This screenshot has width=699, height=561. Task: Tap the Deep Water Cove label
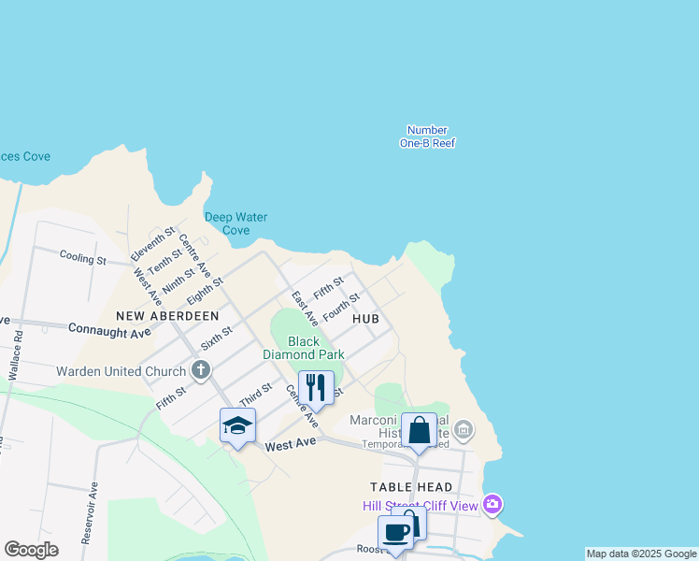tap(235, 223)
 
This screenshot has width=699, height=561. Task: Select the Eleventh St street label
tap(153, 243)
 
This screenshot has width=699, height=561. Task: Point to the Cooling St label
tap(83, 257)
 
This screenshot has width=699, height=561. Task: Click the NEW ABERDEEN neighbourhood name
tap(167, 317)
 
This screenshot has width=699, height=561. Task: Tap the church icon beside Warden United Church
tap(200, 371)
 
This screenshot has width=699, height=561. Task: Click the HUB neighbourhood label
tap(365, 319)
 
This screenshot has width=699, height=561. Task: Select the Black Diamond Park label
tap(304, 348)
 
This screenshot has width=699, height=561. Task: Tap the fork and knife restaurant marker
tap(316, 387)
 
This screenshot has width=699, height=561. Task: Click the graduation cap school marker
tap(237, 425)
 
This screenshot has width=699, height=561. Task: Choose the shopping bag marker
tap(419, 430)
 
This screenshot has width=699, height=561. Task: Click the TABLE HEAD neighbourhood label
tap(411, 487)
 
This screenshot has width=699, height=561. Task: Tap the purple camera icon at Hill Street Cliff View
tap(493, 506)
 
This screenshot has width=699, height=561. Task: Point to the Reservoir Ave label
tap(90, 513)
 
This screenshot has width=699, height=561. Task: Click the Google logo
tap(31, 550)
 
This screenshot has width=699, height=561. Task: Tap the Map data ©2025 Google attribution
tap(641, 554)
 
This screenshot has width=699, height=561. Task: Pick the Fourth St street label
tap(341, 305)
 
